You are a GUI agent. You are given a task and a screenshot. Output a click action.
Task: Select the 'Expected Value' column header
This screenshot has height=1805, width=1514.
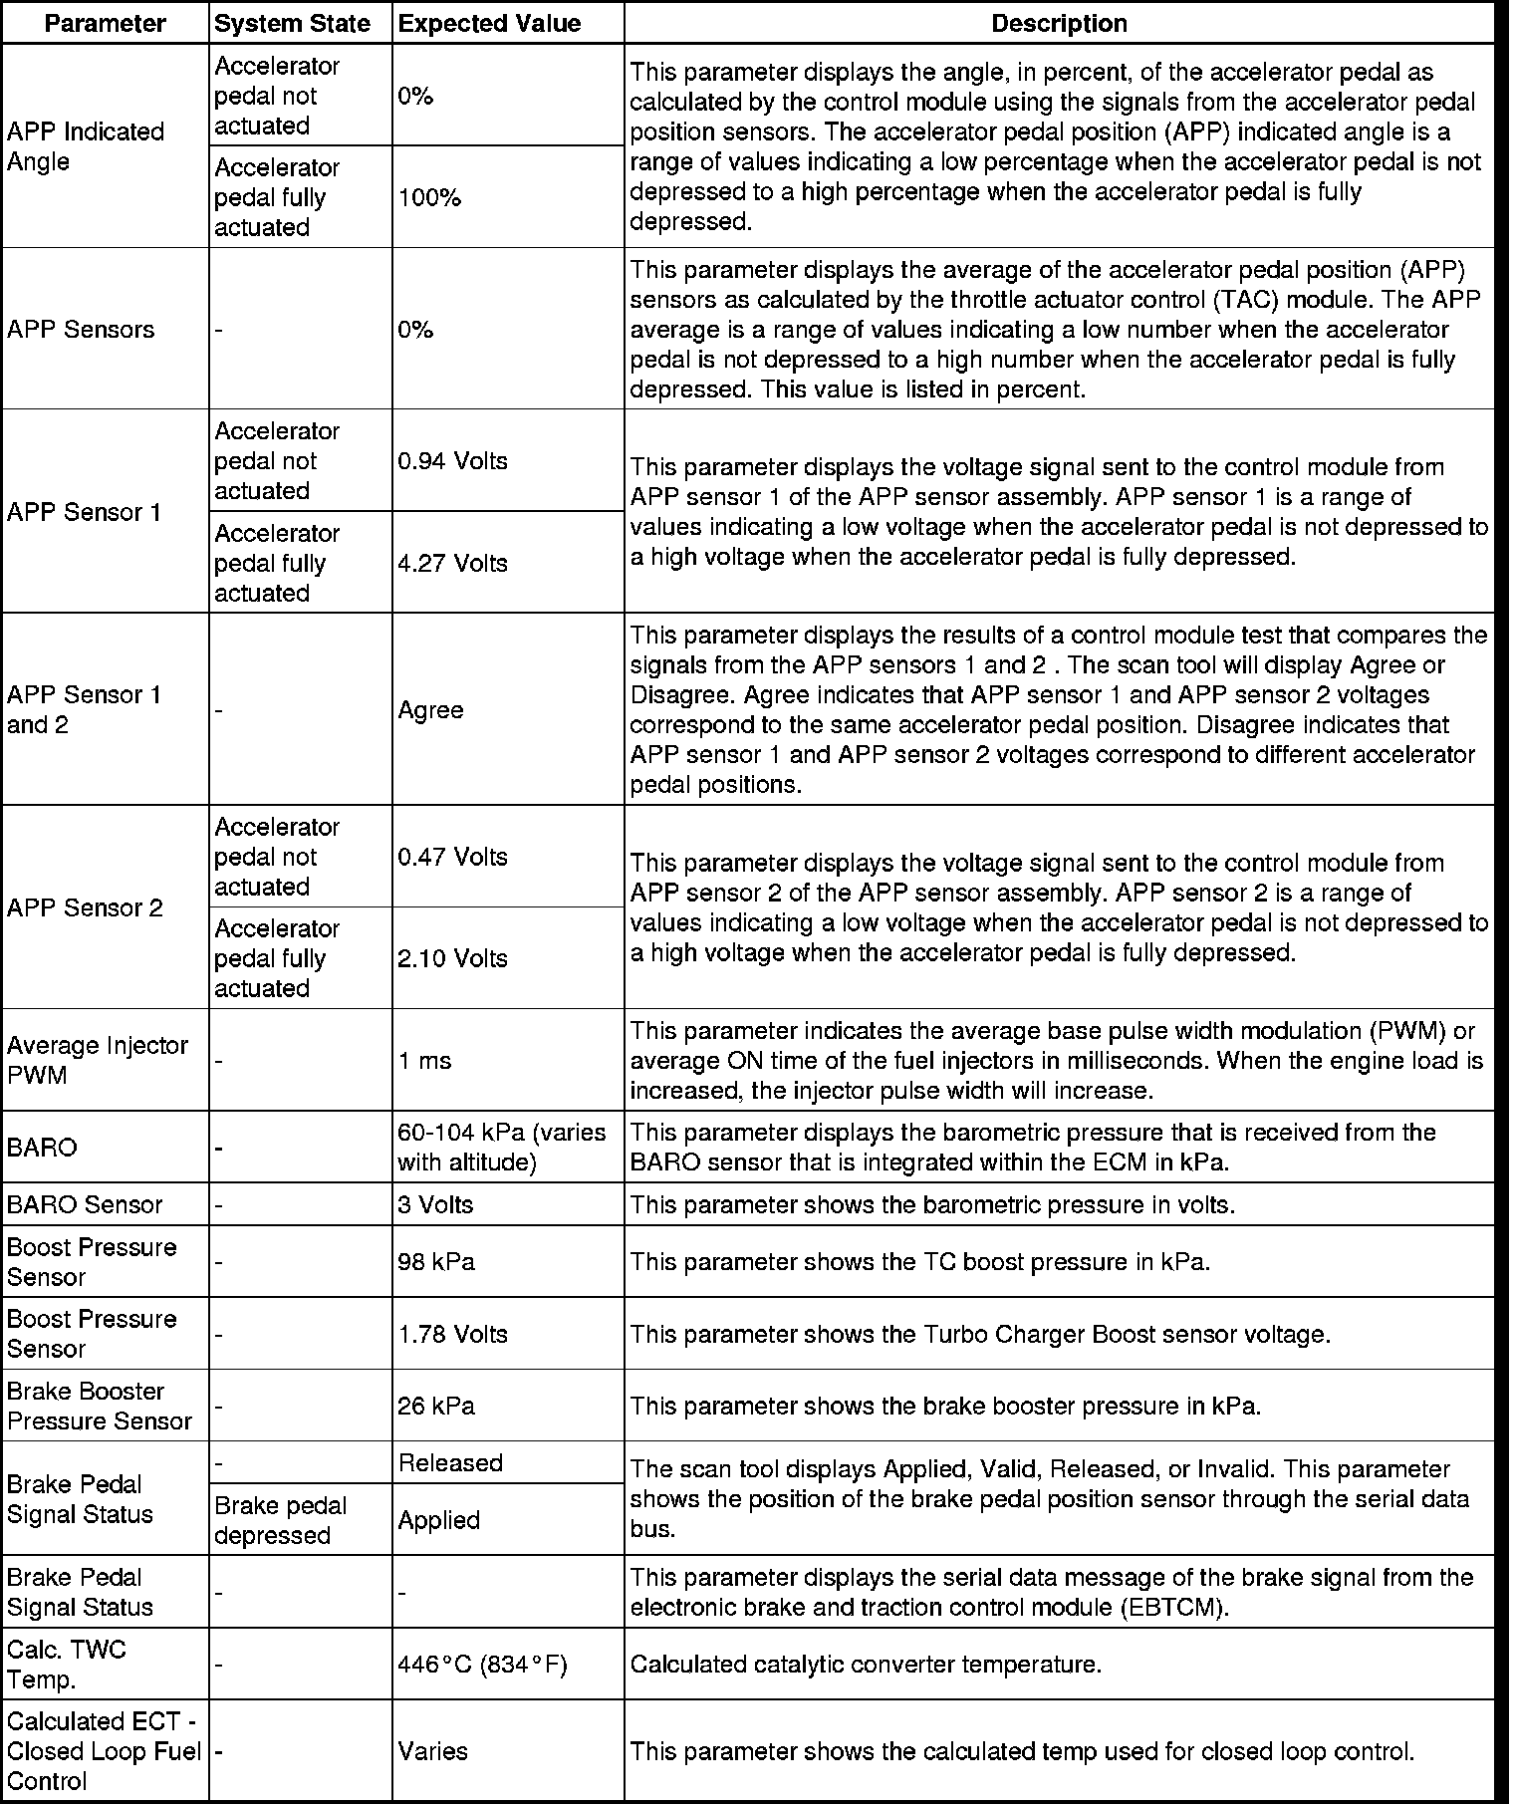pyautogui.click(x=489, y=24)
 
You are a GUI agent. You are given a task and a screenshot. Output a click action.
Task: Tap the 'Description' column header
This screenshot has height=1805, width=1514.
pyautogui.click(x=1059, y=24)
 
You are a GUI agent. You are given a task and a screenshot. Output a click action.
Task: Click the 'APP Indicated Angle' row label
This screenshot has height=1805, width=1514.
pyautogui.click(x=86, y=146)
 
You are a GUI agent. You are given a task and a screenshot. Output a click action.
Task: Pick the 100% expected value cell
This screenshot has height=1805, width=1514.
pyautogui.click(x=429, y=198)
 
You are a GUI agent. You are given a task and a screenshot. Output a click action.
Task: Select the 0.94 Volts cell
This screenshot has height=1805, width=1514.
pyautogui.click(x=452, y=461)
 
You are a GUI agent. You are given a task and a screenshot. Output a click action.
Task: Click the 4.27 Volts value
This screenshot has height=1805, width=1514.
pyautogui.click(x=452, y=564)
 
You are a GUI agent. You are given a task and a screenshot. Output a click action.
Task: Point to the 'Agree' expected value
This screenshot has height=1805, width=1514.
pyautogui.click(x=430, y=710)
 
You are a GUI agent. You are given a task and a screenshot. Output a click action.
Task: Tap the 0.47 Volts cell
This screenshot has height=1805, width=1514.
pyautogui.click(x=452, y=858)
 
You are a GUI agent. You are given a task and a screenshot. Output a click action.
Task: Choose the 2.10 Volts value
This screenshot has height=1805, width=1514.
pyautogui.click(x=452, y=959)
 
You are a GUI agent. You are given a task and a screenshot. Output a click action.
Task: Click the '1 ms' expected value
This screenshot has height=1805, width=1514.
pyautogui.click(x=424, y=1061)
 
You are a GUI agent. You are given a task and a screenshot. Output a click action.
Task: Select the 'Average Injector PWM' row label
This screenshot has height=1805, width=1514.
pyautogui.click(x=98, y=1060)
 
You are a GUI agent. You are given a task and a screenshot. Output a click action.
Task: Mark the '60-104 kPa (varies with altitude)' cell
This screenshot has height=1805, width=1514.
pyautogui.click(x=501, y=1148)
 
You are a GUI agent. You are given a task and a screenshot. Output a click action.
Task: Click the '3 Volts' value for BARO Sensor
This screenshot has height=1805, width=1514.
pyautogui.click(x=435, y=1205)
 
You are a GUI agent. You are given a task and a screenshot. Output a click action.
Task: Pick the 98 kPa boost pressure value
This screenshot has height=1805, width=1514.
pyautogui.click(x=436, y=1262)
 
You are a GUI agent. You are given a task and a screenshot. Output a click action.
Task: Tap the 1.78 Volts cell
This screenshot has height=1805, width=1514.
pyautogui.click(x=452, y=1334)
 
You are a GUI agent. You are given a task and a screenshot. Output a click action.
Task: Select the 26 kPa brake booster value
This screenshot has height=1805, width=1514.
pyautogui.click(x=436, y=1407)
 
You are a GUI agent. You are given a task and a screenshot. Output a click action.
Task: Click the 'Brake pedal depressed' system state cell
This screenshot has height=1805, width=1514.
pyautogui.click(x=280, y=1520)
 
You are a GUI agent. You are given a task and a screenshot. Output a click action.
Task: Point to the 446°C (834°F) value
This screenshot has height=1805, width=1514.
pyautogui.click(x=482, y=1665)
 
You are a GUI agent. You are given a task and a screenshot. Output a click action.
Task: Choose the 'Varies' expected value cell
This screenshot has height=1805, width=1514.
pyautogui.click(x=432, y=1751)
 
